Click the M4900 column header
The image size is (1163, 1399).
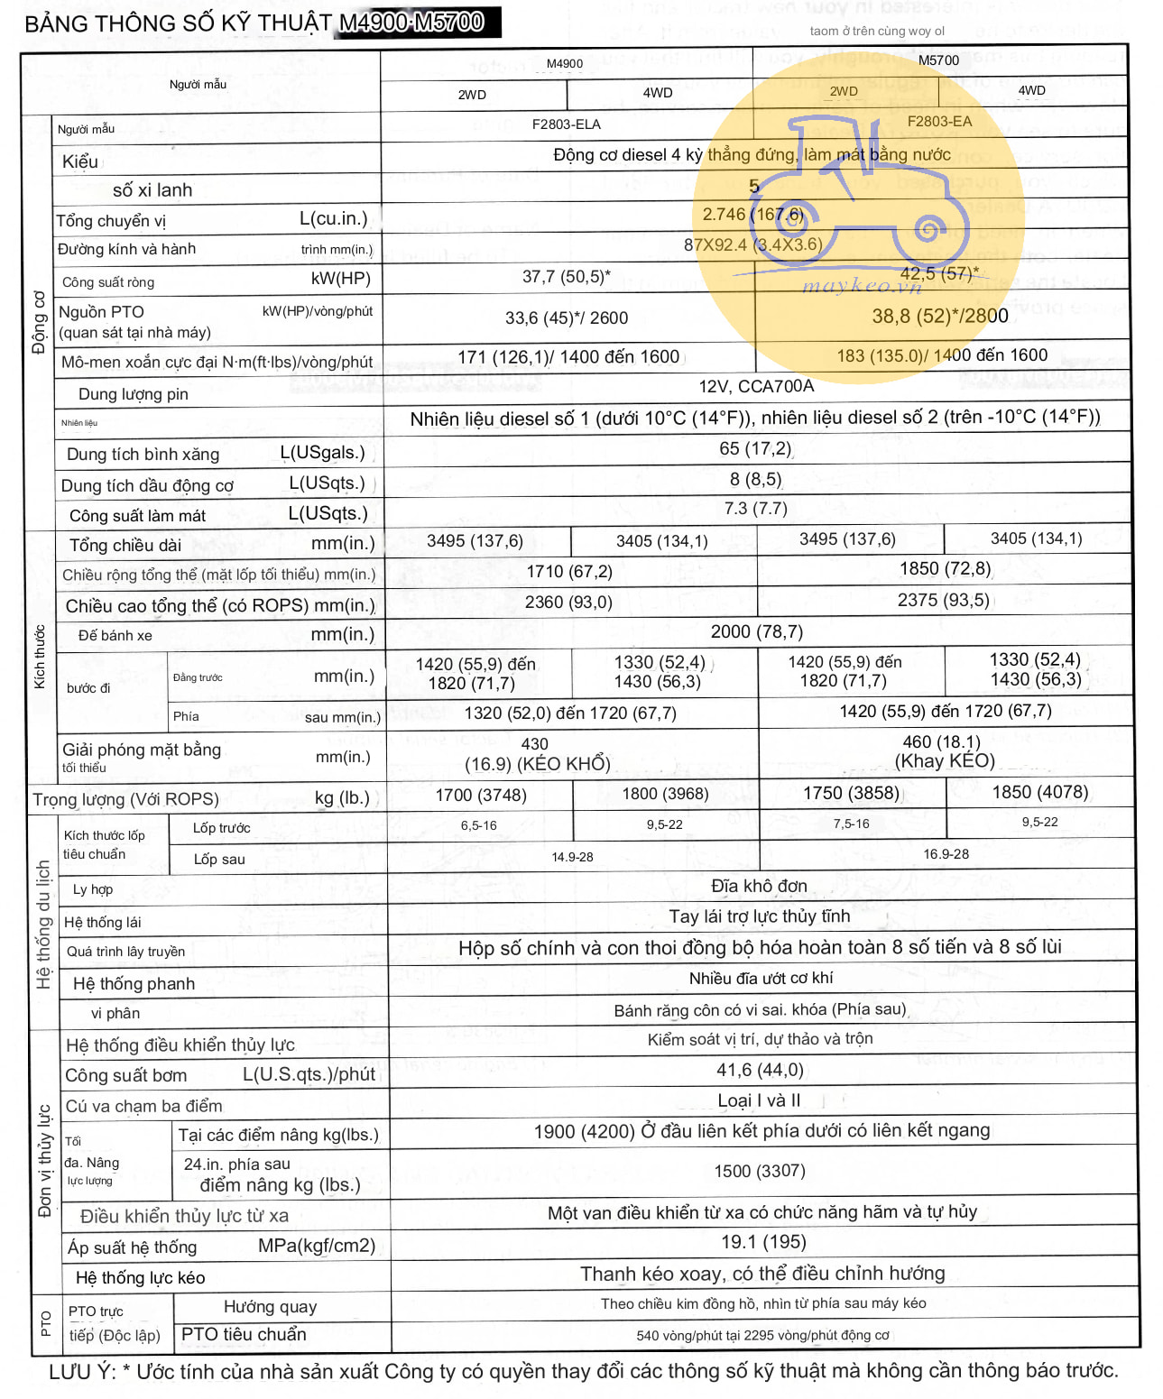coord(565,63)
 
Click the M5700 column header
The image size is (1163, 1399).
coord(938,60)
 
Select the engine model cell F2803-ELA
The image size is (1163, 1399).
coord(566,124)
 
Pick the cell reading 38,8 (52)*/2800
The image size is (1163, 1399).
coord(939,317)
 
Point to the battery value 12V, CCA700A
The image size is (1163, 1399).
coord(756,387)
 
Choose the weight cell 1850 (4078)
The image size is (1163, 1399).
coord(1039,792)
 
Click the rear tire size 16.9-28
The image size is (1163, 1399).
coord(946,854)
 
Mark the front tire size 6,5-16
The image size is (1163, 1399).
coord(478,825)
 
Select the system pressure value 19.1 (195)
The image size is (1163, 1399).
coord(763,1242)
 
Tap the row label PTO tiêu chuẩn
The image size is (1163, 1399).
coord(244,1334)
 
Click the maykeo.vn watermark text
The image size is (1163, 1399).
coord(862,287)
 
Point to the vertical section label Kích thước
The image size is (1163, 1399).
coord(39,657)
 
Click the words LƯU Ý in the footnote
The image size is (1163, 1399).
coord(82,1372)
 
